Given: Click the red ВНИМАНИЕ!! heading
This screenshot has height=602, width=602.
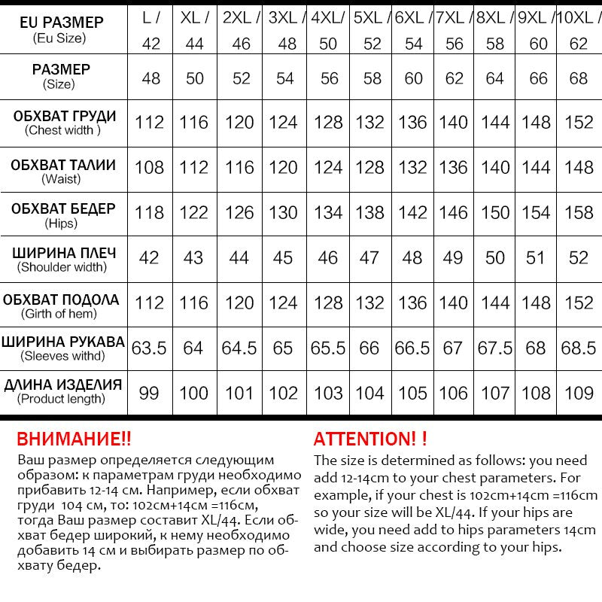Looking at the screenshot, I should coord(74,439).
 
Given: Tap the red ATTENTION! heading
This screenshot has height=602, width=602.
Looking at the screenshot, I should coord(369,439).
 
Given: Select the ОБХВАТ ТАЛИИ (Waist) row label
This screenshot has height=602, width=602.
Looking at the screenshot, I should coord(63,171).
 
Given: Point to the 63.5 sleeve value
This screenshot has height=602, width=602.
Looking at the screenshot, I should coord(149,348).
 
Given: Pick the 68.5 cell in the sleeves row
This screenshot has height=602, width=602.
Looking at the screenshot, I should coord(579,348).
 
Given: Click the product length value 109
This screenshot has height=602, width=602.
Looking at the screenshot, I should coord(579,393).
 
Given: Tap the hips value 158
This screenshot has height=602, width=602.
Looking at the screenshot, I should coord(579,213).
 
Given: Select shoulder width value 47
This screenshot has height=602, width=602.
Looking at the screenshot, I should coord(369,258).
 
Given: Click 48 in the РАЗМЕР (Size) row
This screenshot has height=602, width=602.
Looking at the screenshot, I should coord(150,78).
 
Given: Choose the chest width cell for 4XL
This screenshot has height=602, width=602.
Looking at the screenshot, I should coord(328,123).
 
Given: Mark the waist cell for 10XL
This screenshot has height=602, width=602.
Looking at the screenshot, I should coord(579,167).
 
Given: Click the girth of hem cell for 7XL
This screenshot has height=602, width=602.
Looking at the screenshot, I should coord(454,303).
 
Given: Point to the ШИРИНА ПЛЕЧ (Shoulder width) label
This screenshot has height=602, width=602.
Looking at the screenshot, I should coord(63,258).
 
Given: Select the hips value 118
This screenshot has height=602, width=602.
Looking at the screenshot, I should coord(149,213).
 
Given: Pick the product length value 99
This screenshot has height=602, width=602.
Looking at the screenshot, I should coord(149,393).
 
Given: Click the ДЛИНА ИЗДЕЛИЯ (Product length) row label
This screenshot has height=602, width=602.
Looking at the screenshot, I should coord(63,391).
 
